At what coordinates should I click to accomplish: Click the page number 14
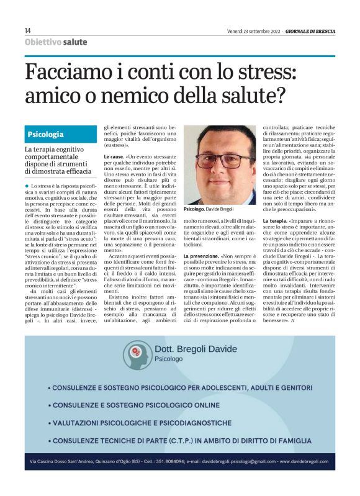coord(28,30)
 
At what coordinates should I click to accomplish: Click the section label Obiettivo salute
coord(56,42)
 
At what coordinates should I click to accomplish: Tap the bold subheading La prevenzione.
coord(201,256)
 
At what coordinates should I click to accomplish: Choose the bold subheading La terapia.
coord(274,221)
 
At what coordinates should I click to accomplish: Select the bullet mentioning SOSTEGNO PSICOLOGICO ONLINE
coord(142,405)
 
